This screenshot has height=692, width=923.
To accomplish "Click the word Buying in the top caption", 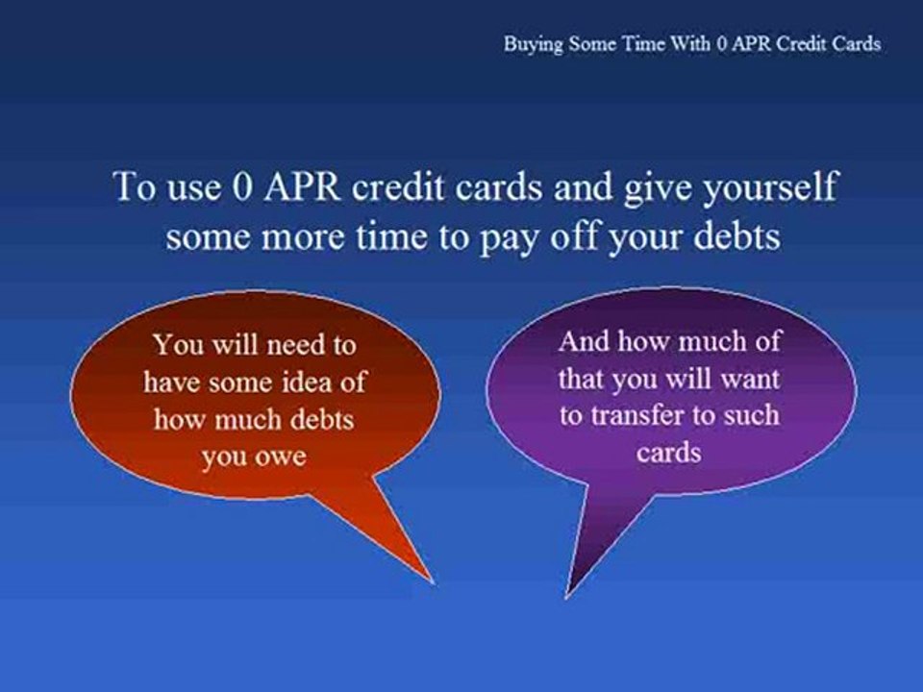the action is pos(534,45).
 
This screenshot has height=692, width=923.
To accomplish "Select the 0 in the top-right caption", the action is pos(722,44).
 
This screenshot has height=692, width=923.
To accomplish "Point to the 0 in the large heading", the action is pos(242,187).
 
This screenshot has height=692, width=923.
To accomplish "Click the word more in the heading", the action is pos(303,238).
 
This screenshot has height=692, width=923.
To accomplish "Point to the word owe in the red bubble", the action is pos(279,457).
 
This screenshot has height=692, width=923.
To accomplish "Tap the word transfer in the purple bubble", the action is pos(636,415).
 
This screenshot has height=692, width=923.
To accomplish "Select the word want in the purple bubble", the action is pos(750,380).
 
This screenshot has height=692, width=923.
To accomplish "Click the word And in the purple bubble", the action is pos(584,341).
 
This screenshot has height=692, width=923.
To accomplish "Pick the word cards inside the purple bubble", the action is pos(669,453).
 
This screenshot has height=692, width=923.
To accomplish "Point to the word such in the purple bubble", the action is pos(751,415).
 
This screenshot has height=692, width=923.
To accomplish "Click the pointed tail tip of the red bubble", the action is pos(434,583).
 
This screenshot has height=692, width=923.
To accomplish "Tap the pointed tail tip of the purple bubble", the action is pos(565,597).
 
